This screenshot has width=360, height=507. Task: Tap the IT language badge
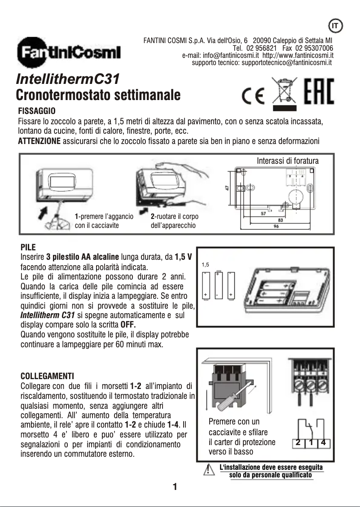(x=334, y=26)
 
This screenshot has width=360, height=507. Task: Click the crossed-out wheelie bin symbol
(x=282, y=93)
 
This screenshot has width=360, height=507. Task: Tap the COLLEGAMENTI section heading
(x=47, y=375)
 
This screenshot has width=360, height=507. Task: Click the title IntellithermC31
(x=68, y=79)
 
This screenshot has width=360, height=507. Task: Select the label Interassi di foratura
(x=287, y=160)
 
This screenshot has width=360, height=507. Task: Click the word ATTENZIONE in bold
(x=39, y=141)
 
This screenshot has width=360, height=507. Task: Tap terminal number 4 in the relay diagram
(x=323, y=443)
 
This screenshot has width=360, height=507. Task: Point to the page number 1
(x=175, y=487)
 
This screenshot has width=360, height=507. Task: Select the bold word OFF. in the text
(x=128, y=325)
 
